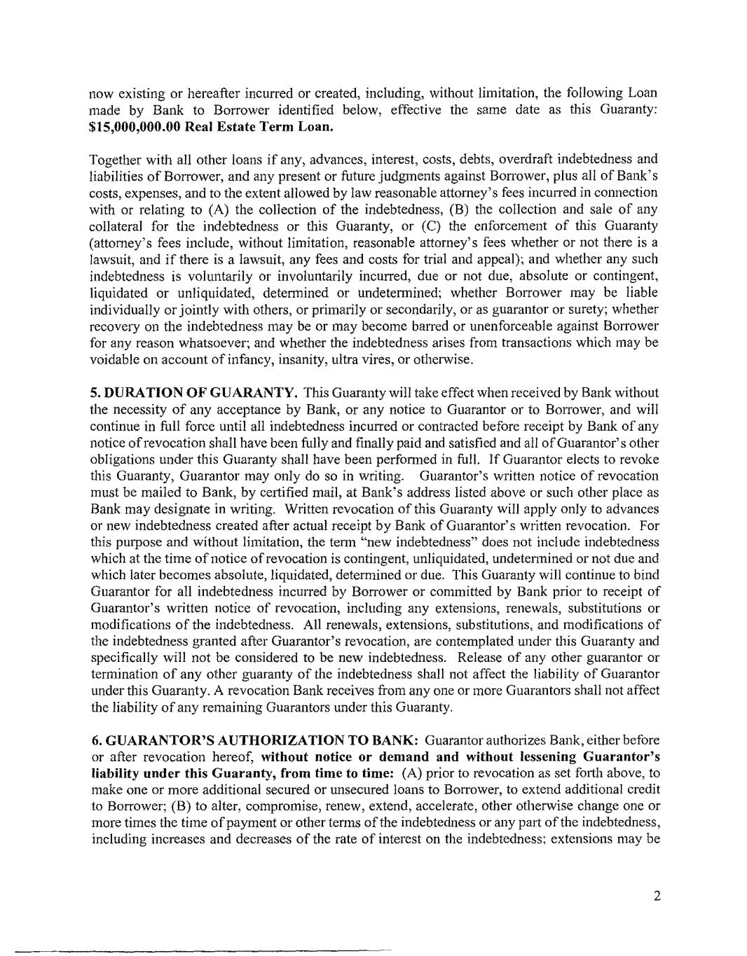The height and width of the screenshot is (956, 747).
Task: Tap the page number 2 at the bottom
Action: (657, 896)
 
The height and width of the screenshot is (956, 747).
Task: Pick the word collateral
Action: (116, 226)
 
